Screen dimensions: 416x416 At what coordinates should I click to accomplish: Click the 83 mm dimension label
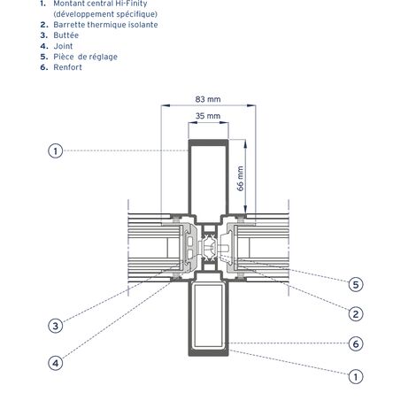click(x=208, y=99)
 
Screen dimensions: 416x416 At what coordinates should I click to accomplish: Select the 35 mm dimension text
click(x=208, y=116)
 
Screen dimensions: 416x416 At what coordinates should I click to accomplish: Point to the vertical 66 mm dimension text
click(x=240, y=180)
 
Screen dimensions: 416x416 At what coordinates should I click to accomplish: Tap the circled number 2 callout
click(x=355, y=313)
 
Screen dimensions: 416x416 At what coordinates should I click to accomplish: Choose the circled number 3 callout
click(x=55, y=326)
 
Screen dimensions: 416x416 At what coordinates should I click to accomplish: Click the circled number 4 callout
click(x=55, y=361)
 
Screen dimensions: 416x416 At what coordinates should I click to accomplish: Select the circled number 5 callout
click(x=355, y=284)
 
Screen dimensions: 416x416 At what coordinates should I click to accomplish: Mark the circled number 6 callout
click(x=355, y=344)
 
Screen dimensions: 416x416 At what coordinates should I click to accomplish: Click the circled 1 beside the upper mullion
click(x=55, y=151)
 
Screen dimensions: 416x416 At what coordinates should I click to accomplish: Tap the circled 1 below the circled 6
click(x=355, y=376)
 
